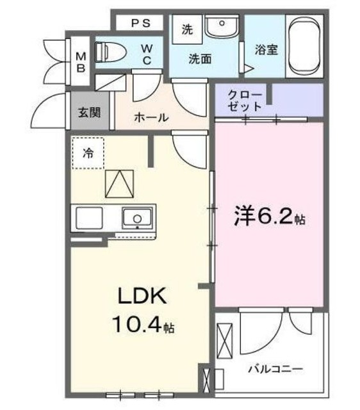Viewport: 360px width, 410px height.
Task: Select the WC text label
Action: click(146, 53)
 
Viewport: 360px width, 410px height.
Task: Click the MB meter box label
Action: click(81, 61)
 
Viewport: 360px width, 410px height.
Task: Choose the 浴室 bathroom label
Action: click(265, 50)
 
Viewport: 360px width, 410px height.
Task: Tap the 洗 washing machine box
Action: click(187, 29)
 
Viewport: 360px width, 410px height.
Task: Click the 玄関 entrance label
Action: click(89, 113)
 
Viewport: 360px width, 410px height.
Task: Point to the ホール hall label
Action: click(151, 117)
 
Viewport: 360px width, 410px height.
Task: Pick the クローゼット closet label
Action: click(245, 101)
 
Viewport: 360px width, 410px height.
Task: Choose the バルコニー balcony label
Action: click(276, 369)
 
